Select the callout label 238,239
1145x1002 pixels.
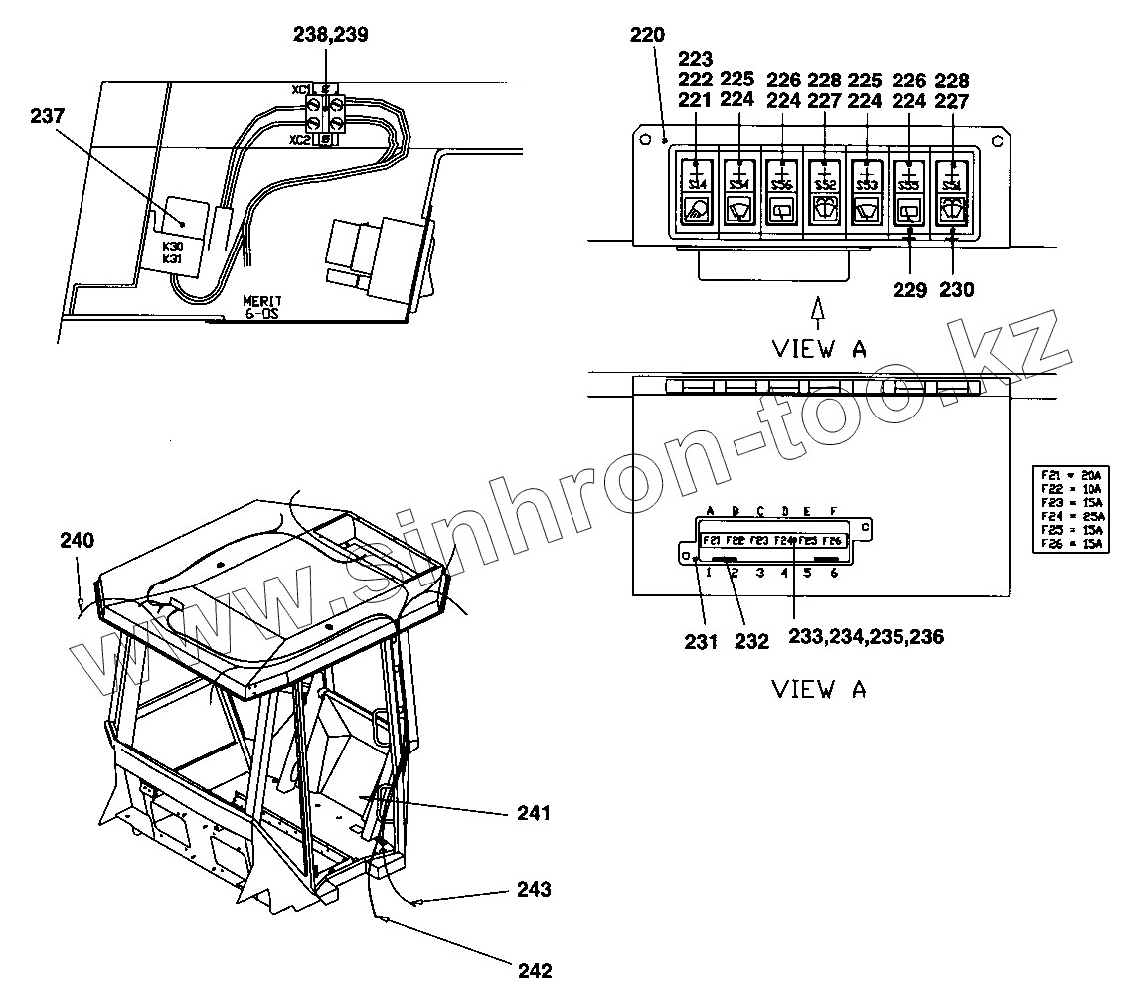click(x=330, y=34)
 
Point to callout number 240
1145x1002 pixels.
click(x=77, y=541)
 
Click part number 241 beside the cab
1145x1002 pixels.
click(x=534, y=813)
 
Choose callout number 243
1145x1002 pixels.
click(x=534, y=889)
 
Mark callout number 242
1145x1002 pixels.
click(x=534, y=970)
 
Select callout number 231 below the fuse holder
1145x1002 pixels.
click(x=701, y=642)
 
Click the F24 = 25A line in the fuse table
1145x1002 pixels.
click(x=1073, y=516)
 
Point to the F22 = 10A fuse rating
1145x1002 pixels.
click(x=1073, y=488)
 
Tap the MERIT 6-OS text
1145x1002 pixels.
click(x=263, y=307)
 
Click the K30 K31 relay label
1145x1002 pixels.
click(x=172, y=250)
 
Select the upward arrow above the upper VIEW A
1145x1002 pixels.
click(x=818, y=310)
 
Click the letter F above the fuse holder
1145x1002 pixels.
click(x=833, y=511)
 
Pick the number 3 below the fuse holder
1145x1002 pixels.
click(x=759, y=573)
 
